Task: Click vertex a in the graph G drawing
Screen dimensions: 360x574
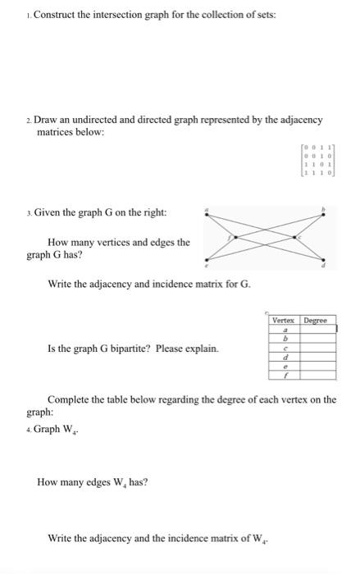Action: click(x=207, y=213)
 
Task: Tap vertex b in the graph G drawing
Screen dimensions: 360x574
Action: click(x=325, y=213)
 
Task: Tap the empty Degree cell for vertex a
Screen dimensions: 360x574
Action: click(x=318, y=329)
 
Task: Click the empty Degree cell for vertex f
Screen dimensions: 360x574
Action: click(x=318, y=376)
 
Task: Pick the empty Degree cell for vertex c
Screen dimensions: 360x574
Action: click(x=318, y=348)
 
